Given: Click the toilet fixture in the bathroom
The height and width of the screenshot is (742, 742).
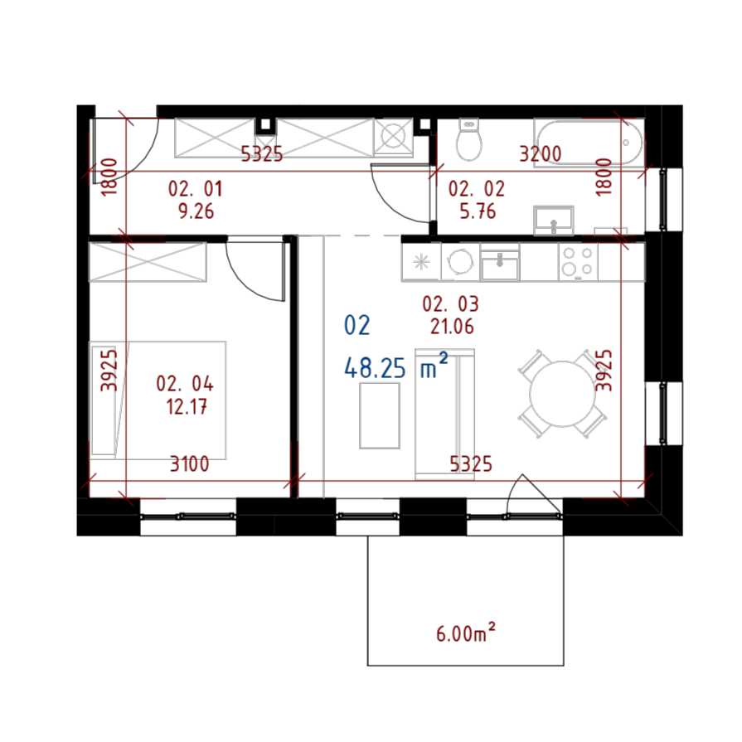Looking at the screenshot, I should tap(469, 140).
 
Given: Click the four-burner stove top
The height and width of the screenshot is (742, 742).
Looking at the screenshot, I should tap(577, 261).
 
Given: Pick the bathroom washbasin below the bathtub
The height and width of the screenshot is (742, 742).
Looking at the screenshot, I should tap(554, 221).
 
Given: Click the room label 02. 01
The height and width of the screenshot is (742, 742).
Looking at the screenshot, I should tap(196, 189).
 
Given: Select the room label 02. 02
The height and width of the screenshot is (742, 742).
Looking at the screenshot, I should tap(477, 189).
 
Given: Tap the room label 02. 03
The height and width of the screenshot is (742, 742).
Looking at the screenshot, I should tap(451, 304).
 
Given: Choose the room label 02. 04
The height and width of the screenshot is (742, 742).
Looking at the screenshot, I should tap(185, 384).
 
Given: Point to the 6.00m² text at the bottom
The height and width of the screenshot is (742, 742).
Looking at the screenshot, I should tap(465, 634).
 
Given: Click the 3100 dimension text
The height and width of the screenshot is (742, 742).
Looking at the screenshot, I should tap(190, 464).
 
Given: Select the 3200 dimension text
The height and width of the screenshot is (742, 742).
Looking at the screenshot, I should tap(540, 154).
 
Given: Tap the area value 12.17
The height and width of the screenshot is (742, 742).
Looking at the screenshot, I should tap(187, 407).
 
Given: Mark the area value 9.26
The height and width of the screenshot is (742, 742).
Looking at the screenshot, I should tap(196, 211).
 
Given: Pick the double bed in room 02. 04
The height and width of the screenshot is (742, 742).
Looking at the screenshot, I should tap(158, 399).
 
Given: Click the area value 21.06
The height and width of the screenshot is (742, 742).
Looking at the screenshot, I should tap(452, 327).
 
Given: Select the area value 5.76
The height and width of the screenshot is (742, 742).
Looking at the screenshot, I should tap(478, 211).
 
